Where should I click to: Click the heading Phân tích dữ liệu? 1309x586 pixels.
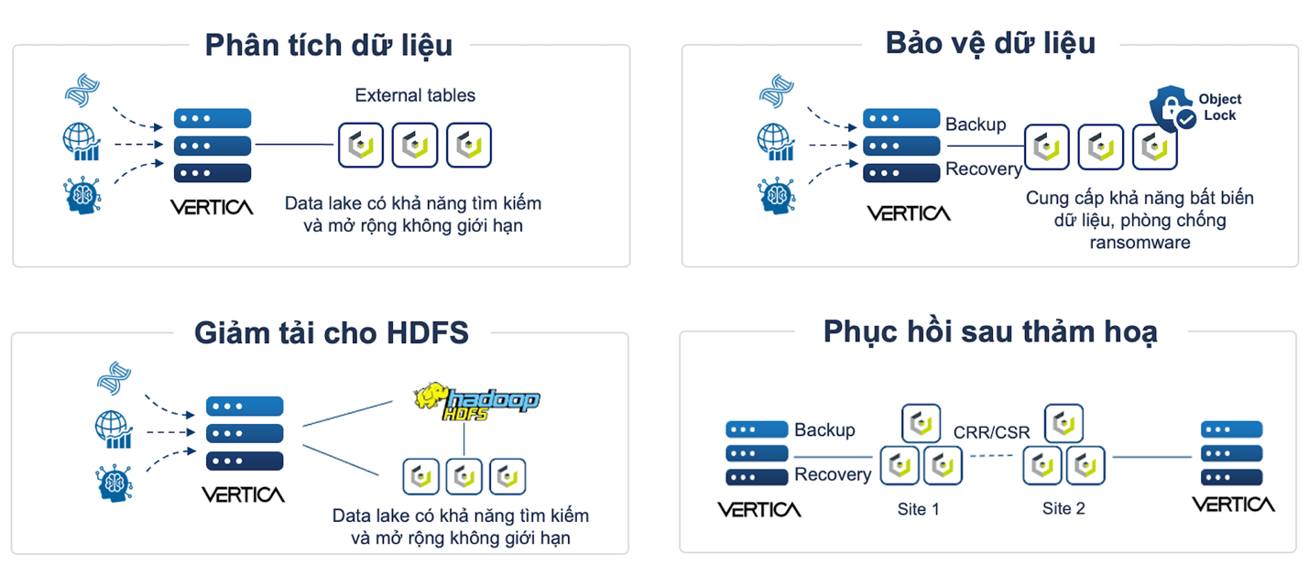tap(328, 45)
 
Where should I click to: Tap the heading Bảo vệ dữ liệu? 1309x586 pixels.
tap(990, 42)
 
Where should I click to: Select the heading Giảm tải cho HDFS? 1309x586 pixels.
tap(331, 332)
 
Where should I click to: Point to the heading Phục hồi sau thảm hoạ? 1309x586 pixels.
tap(989, 331)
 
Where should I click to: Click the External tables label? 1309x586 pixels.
tap(415, 95)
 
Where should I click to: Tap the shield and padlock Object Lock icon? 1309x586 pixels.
tap(1172, 109)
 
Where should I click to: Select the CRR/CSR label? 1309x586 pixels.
tap(991, 431)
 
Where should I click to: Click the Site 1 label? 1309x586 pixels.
tap(918, 509)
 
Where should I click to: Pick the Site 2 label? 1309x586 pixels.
tap(1064, 509)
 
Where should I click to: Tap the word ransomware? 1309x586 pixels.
tap(1140, 243)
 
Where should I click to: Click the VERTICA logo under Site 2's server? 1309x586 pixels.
tap(1232, 505)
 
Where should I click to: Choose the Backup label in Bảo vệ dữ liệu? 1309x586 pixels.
tap(975, 125)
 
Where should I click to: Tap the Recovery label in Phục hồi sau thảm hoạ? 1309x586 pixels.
tap(832, 474)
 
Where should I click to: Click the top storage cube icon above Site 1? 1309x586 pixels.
tap(921, 423)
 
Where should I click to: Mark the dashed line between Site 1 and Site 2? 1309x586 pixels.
tap(992, 456)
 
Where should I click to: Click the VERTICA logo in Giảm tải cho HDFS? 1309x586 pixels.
tap(243, 494)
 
